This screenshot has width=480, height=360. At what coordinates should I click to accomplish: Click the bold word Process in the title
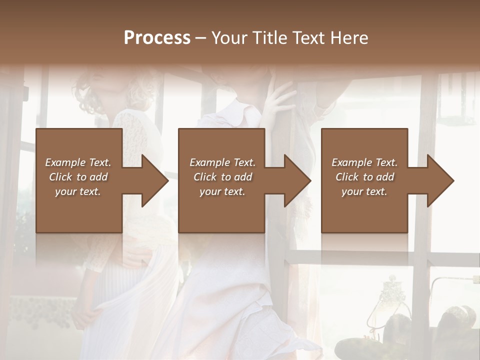(x=157, y=38)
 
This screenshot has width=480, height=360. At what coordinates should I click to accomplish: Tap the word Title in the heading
(x=268, y=38)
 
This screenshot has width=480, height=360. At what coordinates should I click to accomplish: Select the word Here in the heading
(x=349, y=38)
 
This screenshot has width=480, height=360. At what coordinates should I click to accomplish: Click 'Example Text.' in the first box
(x=78, y=162)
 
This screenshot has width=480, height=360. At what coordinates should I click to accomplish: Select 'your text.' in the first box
(x=78, y=191)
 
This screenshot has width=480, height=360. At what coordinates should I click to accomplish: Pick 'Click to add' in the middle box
(x=222, y=177)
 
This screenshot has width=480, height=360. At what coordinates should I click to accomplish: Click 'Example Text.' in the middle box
(x=222, y=162)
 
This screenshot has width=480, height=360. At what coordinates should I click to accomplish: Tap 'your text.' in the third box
(x=364, y=191)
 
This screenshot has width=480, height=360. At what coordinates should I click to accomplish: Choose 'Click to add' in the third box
(x=364, y=177)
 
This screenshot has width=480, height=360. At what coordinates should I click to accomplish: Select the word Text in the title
(x=308, y=38)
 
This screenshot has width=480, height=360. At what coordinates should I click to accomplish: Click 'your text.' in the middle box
(x=222, y=191)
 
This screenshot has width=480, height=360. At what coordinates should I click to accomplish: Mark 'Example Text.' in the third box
(x=364, y=162)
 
